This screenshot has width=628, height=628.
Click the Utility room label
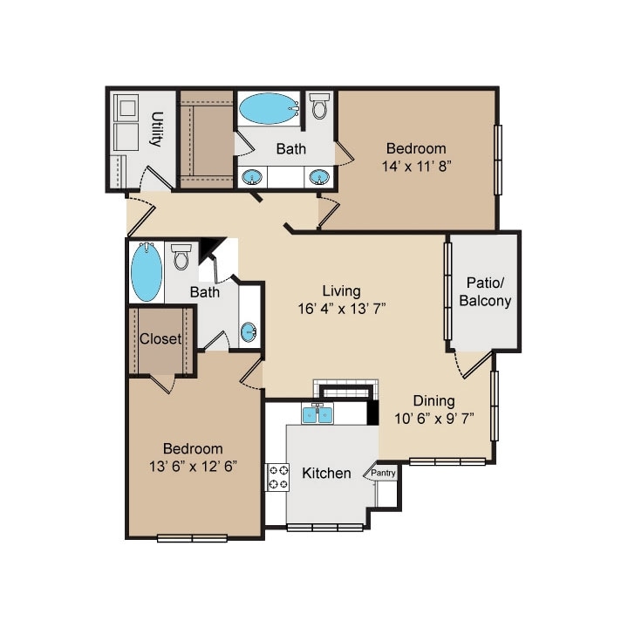pyautogui.click(x=157, y=129)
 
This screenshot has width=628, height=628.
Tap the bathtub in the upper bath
pyautogui.click(x=269, y=108)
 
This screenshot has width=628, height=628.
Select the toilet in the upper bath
pyautogui.click(x=319, y=106)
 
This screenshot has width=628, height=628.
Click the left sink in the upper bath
pyautogui.click(x=252, y=176)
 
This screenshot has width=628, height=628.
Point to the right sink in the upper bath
pyautogui.click(x=319, y=176)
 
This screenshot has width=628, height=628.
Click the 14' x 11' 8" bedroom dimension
pyautogui.click(x=417, y=166)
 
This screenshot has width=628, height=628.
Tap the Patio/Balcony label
pyautogui.click(x=485, y=292)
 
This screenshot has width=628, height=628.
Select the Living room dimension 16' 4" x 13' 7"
pyautogui.click(x=342, y=309)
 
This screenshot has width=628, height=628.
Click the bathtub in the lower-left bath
pyautogui.click(x=147, y=271)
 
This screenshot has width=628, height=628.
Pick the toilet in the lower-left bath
pyautogui.click(x=181, y=256)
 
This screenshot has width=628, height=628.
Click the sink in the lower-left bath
pyautogui.click(x=249, y=332)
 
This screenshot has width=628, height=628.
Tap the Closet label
pyautogui.click(x=160, y=338)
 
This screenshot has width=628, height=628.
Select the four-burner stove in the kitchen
pyautogui.click(x=277, y=477)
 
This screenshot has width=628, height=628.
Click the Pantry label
pyautogui.click(x=383, y=473)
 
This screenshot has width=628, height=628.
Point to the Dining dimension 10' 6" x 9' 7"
pyautogui.click(x=434, y=419)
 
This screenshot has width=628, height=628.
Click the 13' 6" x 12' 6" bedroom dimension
pyautogui.click(x=193, y=467)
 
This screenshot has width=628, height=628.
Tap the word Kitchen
pyautogui.click(x=326, y=473)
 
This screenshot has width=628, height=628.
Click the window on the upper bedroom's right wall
pyautogui.click(x=498, y=160)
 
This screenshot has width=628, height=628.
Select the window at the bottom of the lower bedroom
pyautogui.click(x=192, y=538)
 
